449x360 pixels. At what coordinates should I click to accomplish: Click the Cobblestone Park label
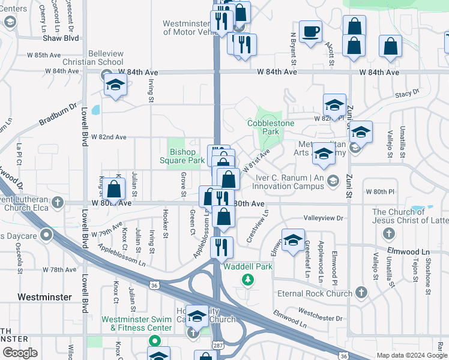tap(263, 127)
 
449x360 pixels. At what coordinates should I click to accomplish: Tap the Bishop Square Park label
tap(183, 157)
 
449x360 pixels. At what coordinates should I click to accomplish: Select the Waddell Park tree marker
tap(247, 280)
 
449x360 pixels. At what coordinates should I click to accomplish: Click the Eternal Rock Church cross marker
tap(361, 293)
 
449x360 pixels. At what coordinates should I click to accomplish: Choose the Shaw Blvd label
tap(61, 38)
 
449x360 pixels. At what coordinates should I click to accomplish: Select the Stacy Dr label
tap(406, 94)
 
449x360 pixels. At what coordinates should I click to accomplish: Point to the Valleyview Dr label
tap(323, 218)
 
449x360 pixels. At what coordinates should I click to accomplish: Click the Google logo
tap(20, 353)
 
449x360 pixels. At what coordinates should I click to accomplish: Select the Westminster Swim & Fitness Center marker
tap(154, 341)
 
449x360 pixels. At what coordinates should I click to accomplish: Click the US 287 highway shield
tap(217, 346)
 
